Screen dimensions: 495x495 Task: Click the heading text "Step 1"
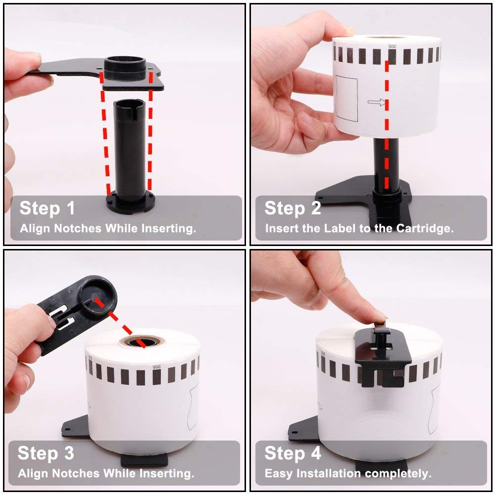tap(47, 209)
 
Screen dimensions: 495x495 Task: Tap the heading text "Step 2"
tap(293, 209)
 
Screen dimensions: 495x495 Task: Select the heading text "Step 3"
tap(46, 453)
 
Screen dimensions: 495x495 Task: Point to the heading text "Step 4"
tap(293, 453)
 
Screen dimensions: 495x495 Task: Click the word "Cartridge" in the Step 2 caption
tap(425, 228)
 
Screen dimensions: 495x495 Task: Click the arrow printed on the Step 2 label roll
tap(377, 102)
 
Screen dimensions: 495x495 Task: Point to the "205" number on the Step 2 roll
tap(392, 47)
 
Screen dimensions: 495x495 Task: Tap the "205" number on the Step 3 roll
tap(156, 366)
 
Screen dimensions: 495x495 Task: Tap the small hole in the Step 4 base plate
tap(294, 432)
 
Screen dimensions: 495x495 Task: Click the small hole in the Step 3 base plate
tap(67, 429)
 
